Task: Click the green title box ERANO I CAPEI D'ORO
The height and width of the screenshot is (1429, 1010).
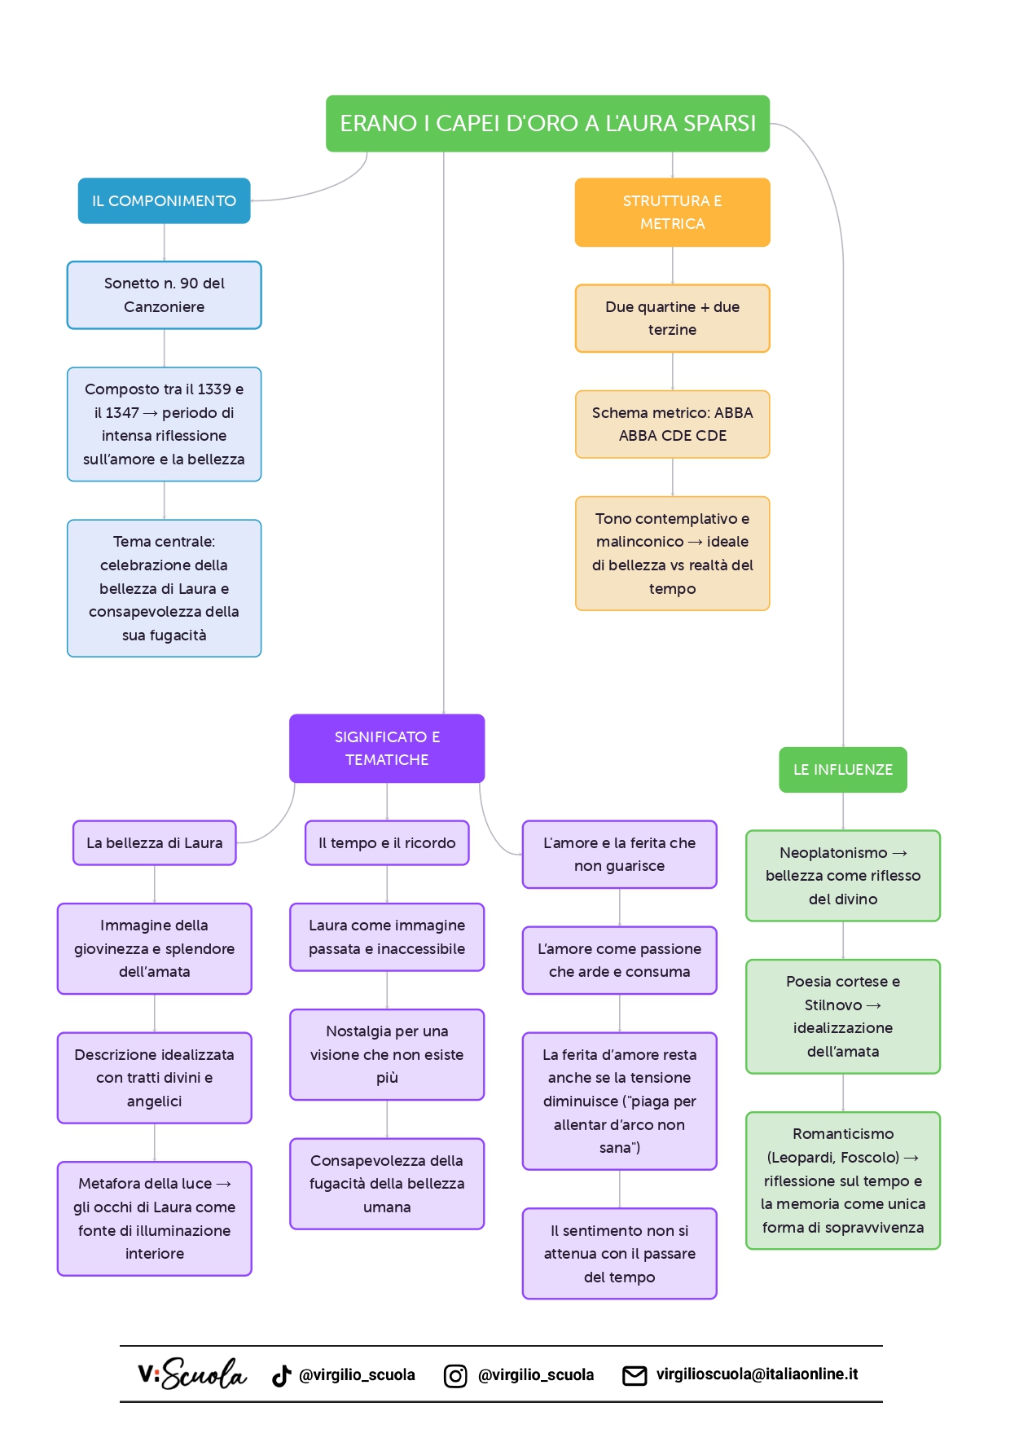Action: point(547,124)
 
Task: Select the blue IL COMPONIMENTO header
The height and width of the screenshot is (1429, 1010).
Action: point(164,200)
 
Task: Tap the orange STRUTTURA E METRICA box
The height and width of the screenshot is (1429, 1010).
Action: point(672,212)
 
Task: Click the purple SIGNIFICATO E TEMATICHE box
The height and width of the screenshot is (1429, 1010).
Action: point(387,748)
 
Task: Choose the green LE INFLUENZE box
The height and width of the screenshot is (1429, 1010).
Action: point(843,769)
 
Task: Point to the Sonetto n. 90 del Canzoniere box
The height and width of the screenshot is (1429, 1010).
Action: point(164,295)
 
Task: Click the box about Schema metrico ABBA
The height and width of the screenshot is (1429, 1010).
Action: point(672,424)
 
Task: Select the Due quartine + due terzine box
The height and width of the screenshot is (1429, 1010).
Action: point(672,318)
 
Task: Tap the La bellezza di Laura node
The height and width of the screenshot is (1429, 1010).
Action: point(155,842)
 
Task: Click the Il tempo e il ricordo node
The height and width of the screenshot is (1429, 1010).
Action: point(387,842)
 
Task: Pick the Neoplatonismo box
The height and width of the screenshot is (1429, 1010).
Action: point(843,876)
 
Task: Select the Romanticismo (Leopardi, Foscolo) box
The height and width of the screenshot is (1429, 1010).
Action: point(843,1181)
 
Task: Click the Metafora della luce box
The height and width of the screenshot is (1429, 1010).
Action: point(155,1218)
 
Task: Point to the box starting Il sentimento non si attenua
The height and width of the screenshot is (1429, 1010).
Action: point(620,1253)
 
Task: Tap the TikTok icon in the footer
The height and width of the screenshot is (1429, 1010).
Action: point(282,1375)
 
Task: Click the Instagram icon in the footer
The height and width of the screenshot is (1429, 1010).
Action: point(455,1376)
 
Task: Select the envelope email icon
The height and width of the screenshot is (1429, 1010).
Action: point(635,1375)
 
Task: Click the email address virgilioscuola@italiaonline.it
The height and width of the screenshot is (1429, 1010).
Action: point(757,1374)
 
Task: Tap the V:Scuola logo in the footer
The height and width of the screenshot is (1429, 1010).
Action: point(192,1374)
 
